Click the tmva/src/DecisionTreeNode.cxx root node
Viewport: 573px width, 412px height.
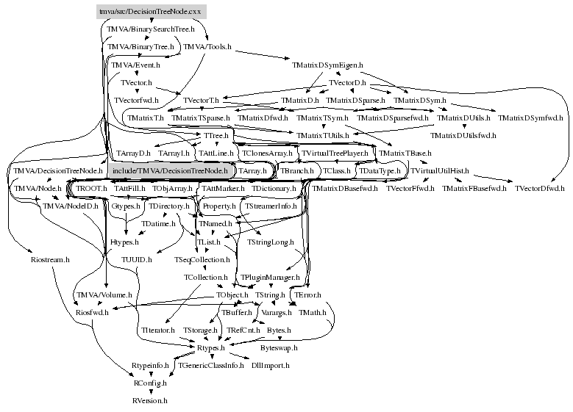150,12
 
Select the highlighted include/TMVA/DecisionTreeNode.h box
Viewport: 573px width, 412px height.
171,170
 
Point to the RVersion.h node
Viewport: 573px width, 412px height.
150,401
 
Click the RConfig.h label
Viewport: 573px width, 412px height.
150,383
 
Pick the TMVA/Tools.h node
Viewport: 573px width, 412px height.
207,47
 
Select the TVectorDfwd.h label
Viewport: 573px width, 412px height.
540,189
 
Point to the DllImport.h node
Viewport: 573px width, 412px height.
270,365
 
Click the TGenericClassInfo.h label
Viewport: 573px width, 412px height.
210,365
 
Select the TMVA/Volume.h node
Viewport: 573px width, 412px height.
104,294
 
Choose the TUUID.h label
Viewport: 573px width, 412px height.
136,259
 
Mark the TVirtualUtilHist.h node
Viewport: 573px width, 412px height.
439,170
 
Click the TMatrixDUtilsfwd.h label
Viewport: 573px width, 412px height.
463,135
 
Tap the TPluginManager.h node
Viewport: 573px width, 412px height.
271,278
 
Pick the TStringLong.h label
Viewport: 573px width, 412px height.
270,242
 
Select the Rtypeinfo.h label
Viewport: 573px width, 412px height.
150,365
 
